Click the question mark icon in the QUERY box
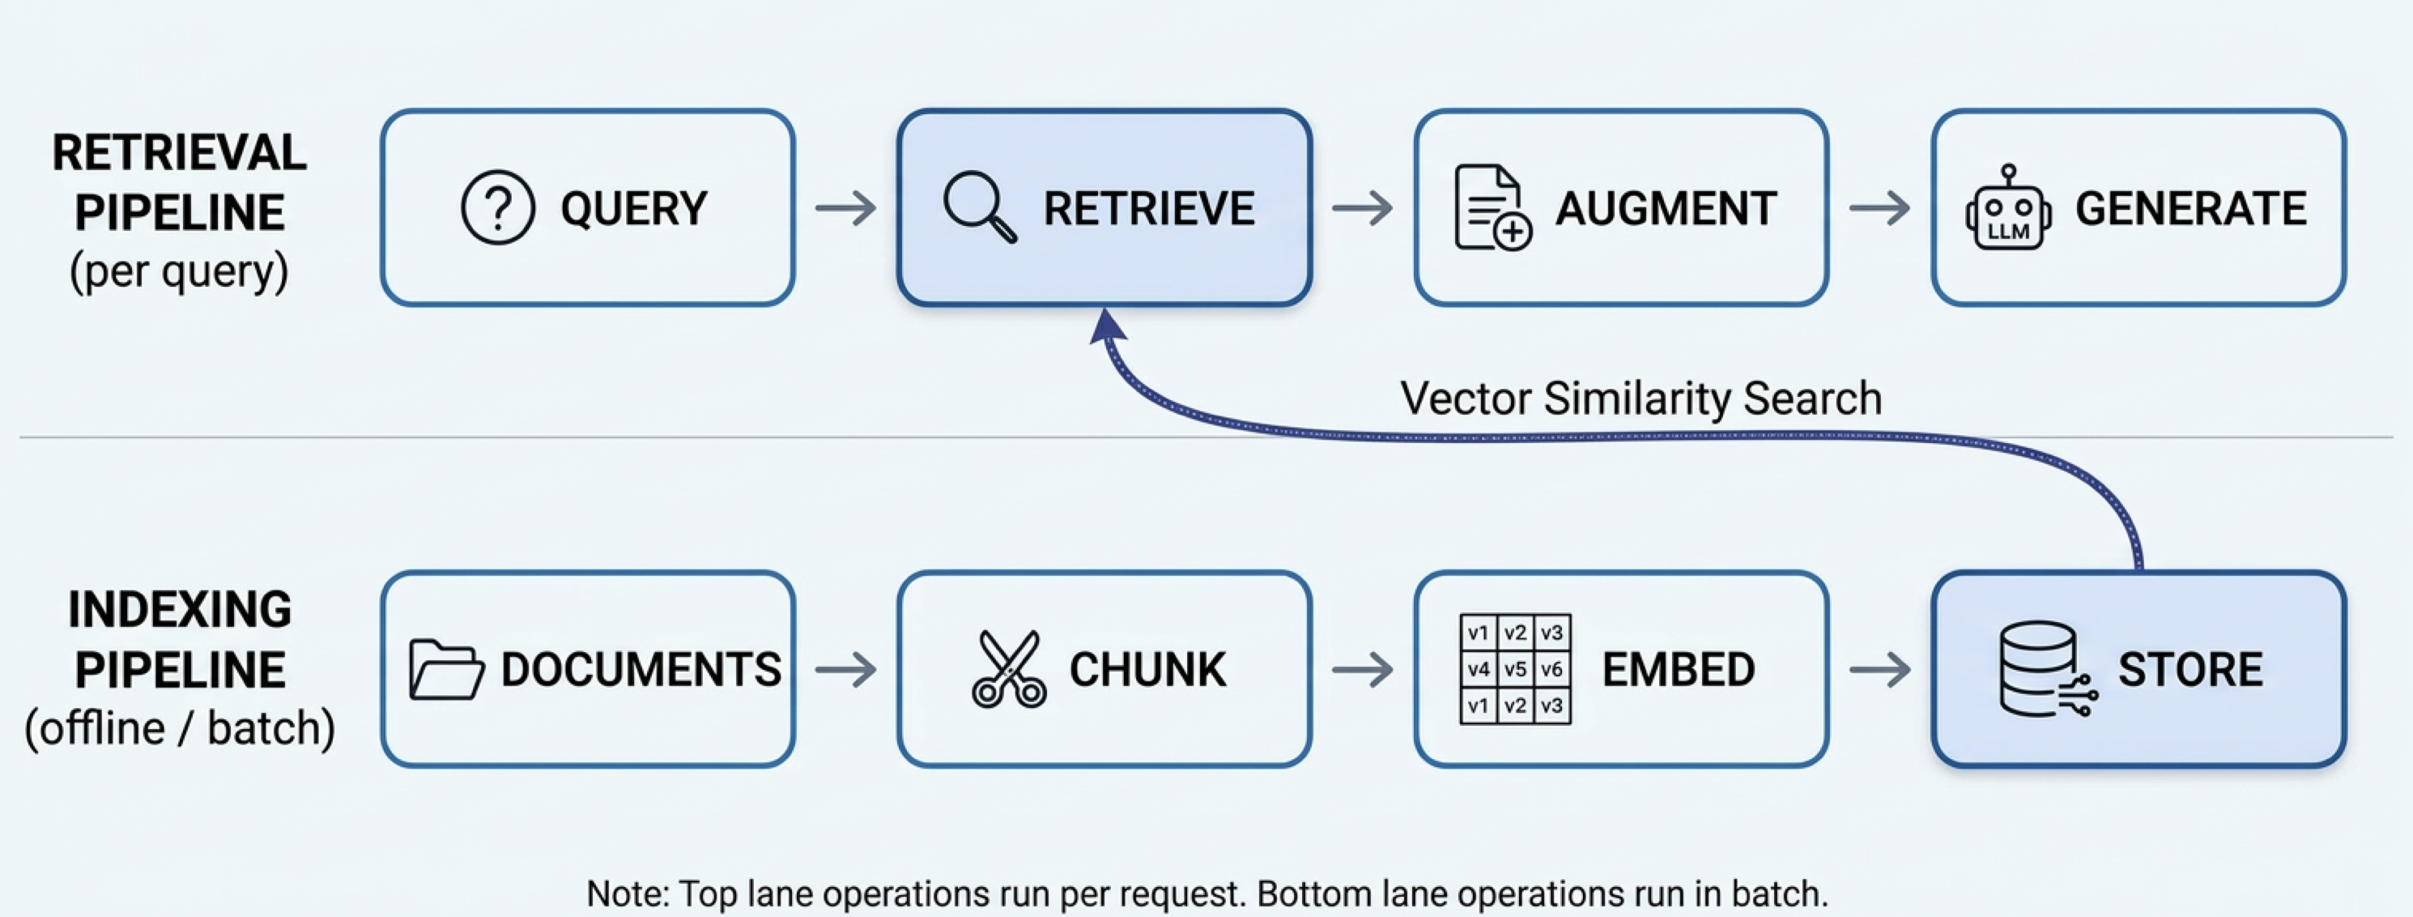click(497, 207)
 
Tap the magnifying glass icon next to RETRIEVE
click(978, 206)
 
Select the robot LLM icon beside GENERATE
click(2007, 210)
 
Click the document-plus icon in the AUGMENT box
click(1492, 208)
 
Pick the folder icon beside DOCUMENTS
click(446, 669)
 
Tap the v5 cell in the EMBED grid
click(1515, 669)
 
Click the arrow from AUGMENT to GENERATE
click(1879, 207)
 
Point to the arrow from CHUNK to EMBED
click(1362, 669)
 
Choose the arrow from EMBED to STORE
click(1879, 669)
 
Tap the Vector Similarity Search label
click(1641, 398)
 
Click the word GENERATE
click(2190, 208)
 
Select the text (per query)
click(179, 271)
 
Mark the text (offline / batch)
click(180, 727)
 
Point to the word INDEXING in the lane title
click(180, 609)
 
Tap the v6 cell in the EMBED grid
click(1551, 669)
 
